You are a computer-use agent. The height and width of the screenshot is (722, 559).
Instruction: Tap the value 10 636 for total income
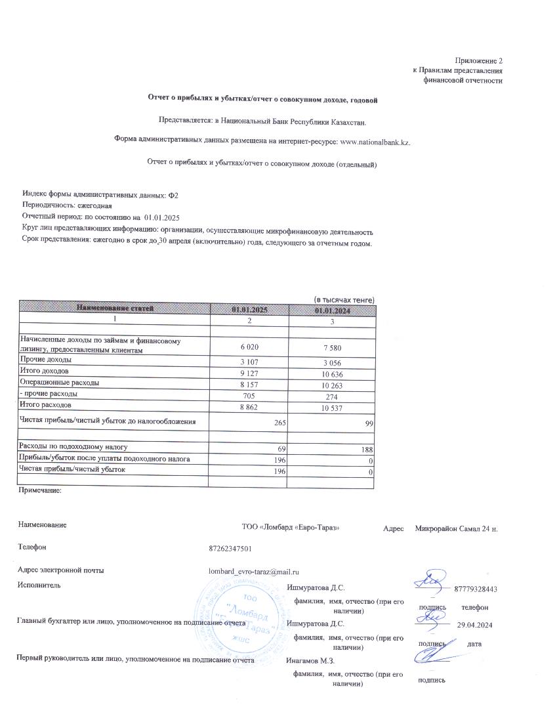click(332, 373)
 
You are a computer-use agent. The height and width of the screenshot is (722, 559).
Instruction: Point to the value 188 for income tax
click(366, 449)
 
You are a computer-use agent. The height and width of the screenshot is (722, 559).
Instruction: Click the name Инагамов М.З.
click(311, 660)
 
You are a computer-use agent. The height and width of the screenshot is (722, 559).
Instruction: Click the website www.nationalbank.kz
click(375, 141)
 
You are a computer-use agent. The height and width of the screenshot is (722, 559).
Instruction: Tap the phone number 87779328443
click(475, 589)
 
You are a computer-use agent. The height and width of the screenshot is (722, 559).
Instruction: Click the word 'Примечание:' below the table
click(40, 490)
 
